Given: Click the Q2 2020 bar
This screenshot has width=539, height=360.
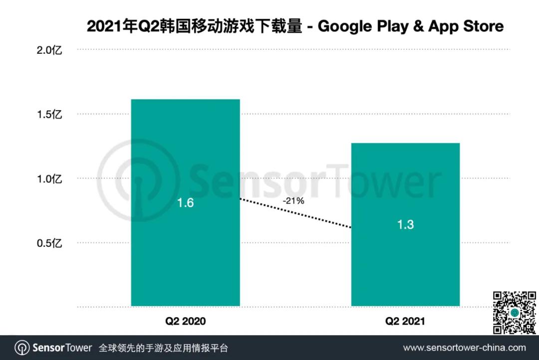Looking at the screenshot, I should (x=185, y=150).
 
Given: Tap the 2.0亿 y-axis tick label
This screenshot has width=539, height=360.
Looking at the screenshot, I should (x=49, y=50).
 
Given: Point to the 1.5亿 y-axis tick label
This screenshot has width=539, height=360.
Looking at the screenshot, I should (x=49, y=115).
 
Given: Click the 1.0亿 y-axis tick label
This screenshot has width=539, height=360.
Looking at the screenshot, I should (x=49, y=179).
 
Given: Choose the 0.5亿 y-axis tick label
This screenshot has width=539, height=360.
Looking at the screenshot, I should (x=49, y=243).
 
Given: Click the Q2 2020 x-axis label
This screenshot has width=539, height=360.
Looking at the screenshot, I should (x=185, y=321).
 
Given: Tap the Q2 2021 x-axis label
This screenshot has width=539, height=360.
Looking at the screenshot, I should (x=405, y=321).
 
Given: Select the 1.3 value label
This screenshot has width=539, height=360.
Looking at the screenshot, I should (x=405, y=224).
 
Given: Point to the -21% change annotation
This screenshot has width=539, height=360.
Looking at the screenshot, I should (x=293, y=201).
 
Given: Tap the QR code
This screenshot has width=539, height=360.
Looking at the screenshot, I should (x=515, y=313).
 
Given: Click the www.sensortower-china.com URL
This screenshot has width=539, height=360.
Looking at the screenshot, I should (x=464, y=348).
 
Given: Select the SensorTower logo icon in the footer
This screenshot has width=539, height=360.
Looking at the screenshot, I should (x=22, y=348).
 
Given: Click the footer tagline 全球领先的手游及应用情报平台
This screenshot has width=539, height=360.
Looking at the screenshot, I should (x=164, y=348).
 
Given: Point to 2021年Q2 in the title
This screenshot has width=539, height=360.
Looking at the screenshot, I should (x=116, y=26).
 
